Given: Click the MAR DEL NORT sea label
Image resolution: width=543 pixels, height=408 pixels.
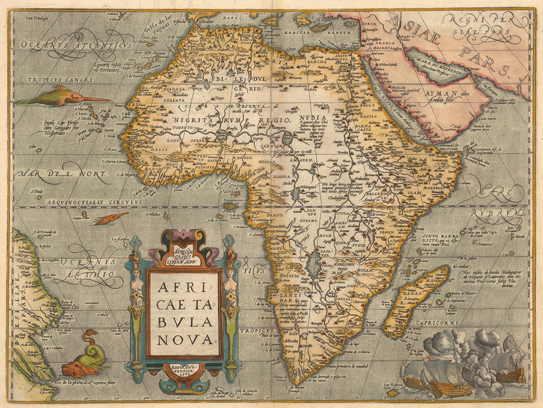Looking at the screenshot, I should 61,174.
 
